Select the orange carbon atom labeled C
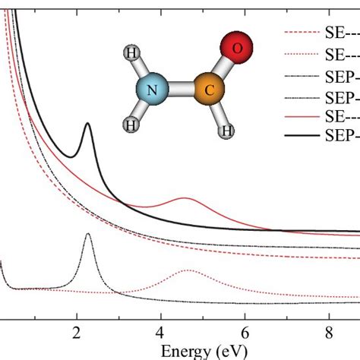point(209,92)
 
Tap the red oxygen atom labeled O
point(238,49)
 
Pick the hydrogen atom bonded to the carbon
point(226,132)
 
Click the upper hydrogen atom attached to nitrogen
point(130,54)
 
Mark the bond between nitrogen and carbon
point(182,93)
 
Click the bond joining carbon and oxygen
point(223,70)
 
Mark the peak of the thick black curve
point(87,125)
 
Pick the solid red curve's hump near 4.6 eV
point(185,198)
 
